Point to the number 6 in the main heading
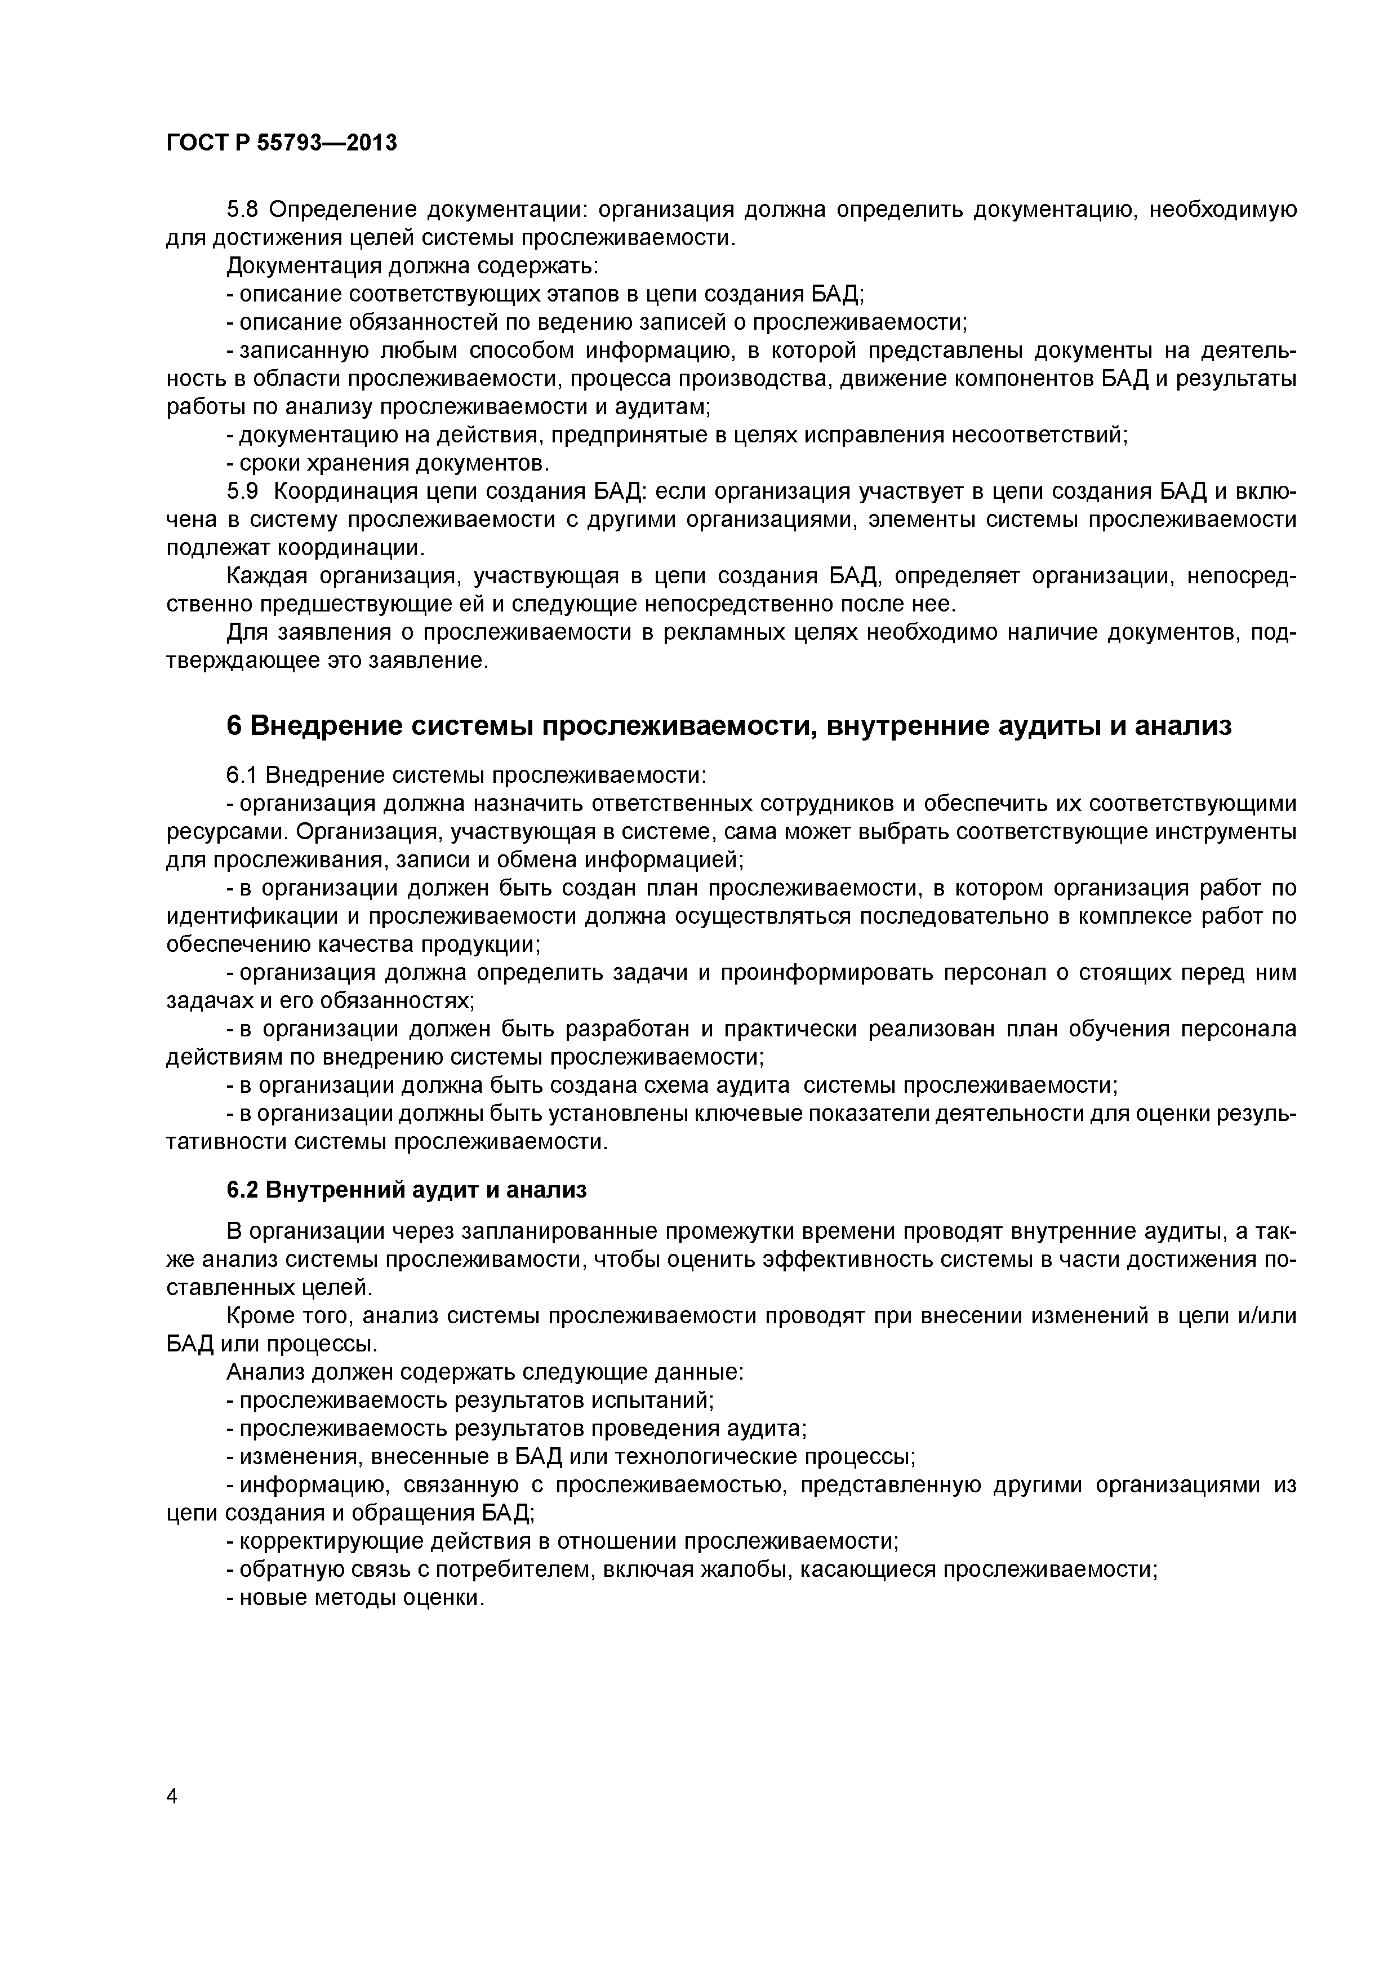[234, 726]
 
